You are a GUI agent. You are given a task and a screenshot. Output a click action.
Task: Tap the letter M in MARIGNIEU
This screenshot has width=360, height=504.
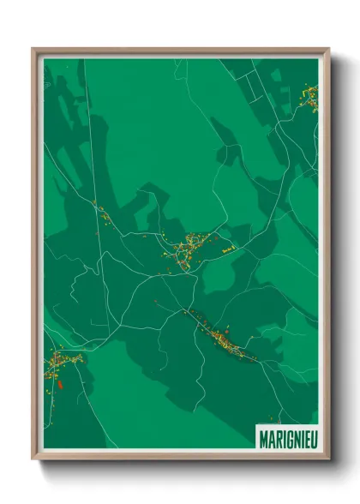tap(262, 437)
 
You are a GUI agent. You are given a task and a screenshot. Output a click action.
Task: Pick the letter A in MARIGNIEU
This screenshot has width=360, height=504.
tap(269, 437)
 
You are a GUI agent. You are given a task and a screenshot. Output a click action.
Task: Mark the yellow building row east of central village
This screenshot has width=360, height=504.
tap(228, 249)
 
